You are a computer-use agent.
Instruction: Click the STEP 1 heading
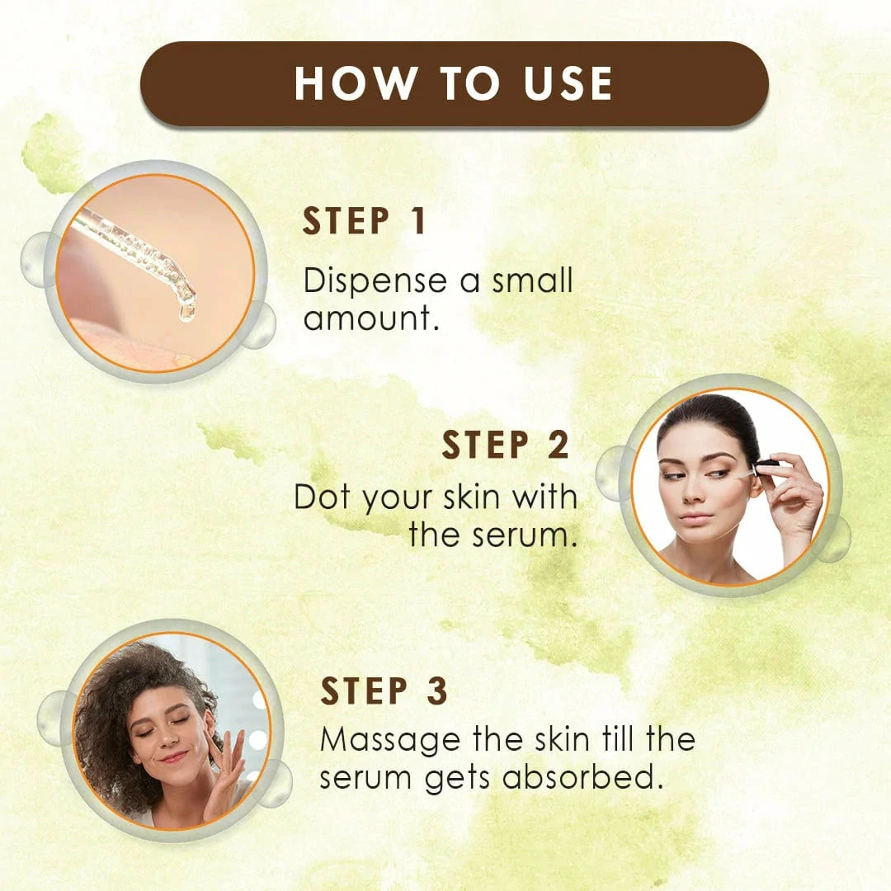[364, 223]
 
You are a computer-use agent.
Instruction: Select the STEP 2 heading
[505, 445]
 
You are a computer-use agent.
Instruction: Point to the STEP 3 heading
[384, 691]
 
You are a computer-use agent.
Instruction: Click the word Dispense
[375, 281]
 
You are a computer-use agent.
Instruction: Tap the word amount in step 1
[369, 318]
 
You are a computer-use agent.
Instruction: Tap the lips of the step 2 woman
[695, 517]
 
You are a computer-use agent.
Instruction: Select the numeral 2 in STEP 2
[559, 445]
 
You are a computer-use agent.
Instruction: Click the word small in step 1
[532, 281]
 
